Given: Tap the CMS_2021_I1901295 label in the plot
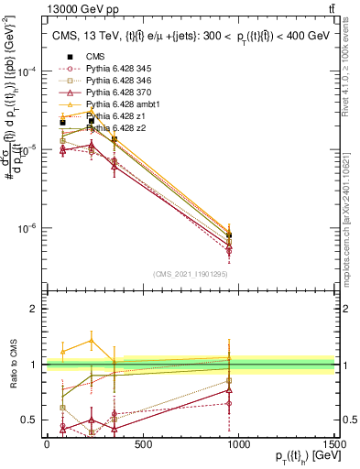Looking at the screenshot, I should (x=190, y=274).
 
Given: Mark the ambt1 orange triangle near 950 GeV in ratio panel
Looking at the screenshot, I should (x=228, y=357).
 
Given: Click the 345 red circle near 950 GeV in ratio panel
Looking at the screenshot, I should (x=228, y=403).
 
